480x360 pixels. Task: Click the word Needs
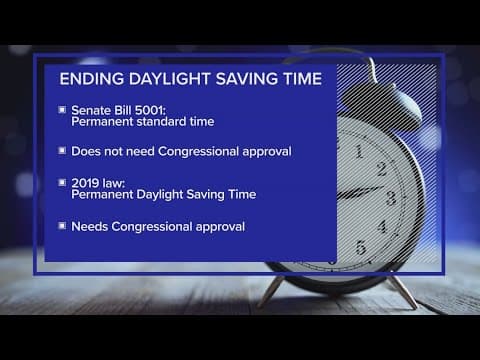tap(88, 226)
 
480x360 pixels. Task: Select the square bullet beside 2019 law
tap(62, 182)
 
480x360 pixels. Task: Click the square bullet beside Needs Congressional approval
tap(62, 226)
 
